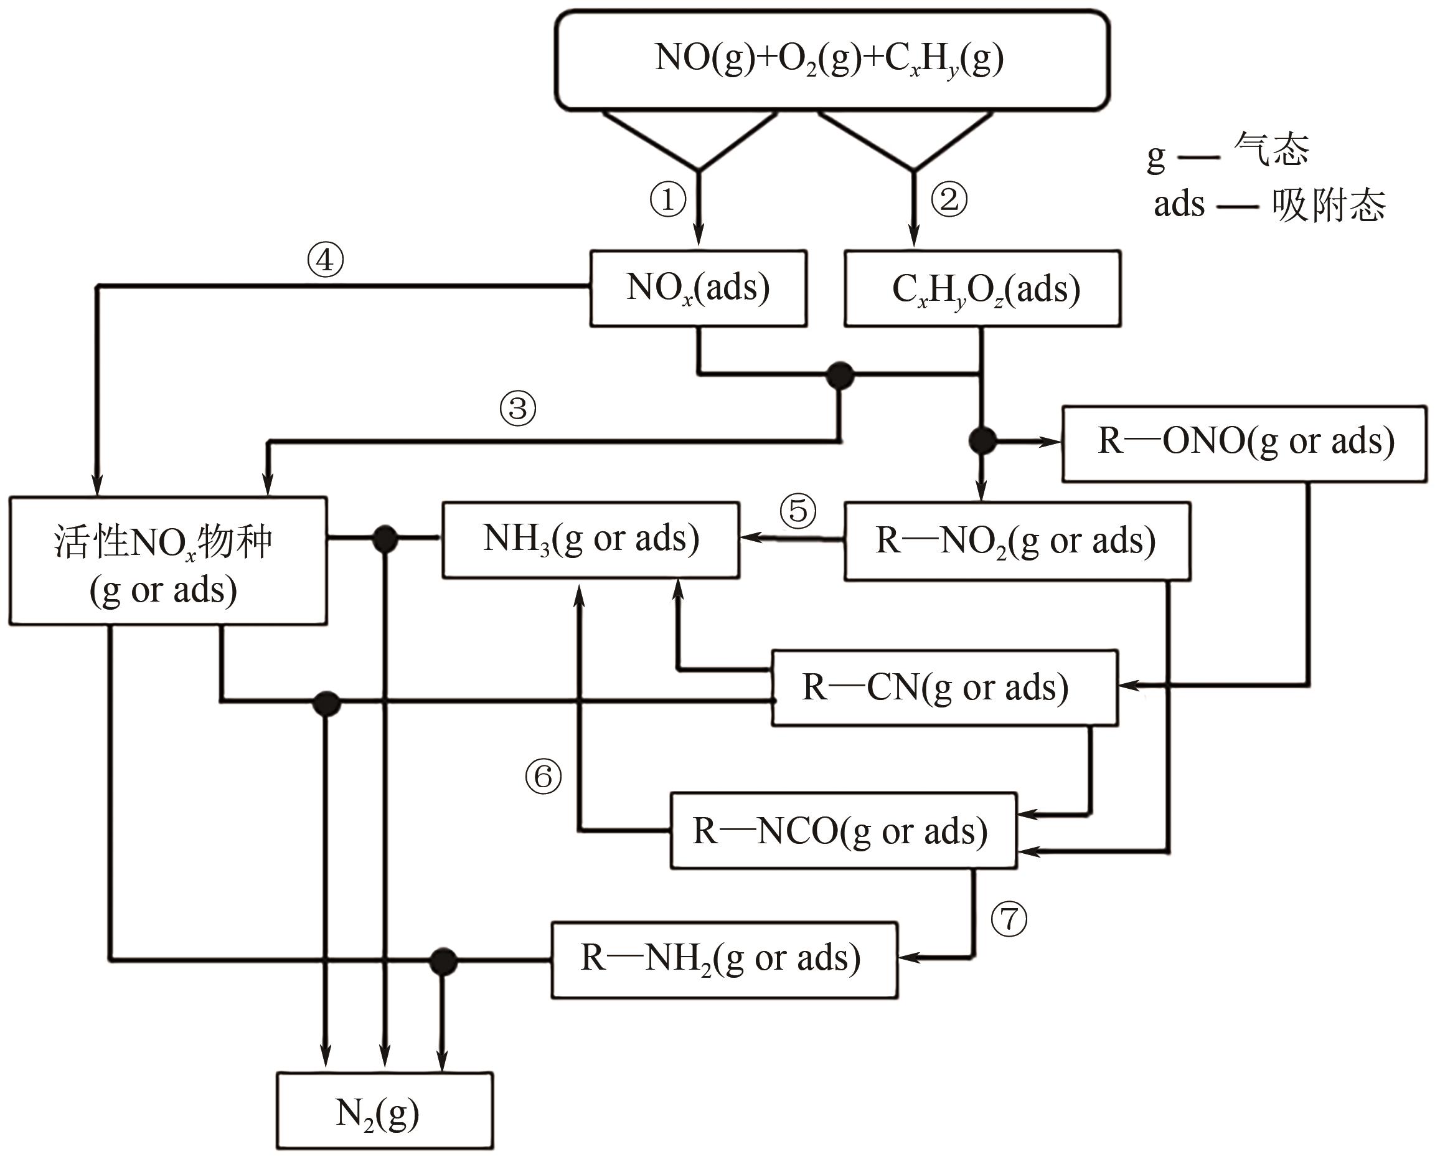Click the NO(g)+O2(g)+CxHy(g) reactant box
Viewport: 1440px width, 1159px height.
tap(832, 59)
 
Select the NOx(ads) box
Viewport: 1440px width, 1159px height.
tap(698, 288)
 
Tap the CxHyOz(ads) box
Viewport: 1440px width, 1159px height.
tap(982, 288)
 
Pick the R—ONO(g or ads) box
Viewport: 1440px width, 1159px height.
tap(1245, 443)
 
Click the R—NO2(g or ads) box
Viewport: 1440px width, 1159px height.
tap(1017, 541)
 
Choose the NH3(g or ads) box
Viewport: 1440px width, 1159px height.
tap(590, 540)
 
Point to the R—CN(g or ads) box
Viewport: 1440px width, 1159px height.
tap(944, 688)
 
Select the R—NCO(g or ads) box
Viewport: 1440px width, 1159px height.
tap(843, 830)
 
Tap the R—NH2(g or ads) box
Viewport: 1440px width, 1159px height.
tap(724, 960)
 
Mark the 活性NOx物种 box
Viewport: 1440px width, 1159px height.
tap(167, 561)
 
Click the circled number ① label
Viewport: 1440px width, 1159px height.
tap(668, 199)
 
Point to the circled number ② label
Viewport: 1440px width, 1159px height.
tap(949, 199)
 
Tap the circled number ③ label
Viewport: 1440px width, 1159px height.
tap(517, 408)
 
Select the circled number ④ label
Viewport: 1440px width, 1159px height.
tap(325, 260)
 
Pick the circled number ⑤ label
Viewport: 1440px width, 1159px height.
tap(798, 511)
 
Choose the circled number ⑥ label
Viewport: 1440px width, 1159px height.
tap(543, 777)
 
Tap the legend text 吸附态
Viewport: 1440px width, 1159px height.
tap(1329, 205)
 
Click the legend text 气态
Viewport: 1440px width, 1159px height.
tap(1271, 148)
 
